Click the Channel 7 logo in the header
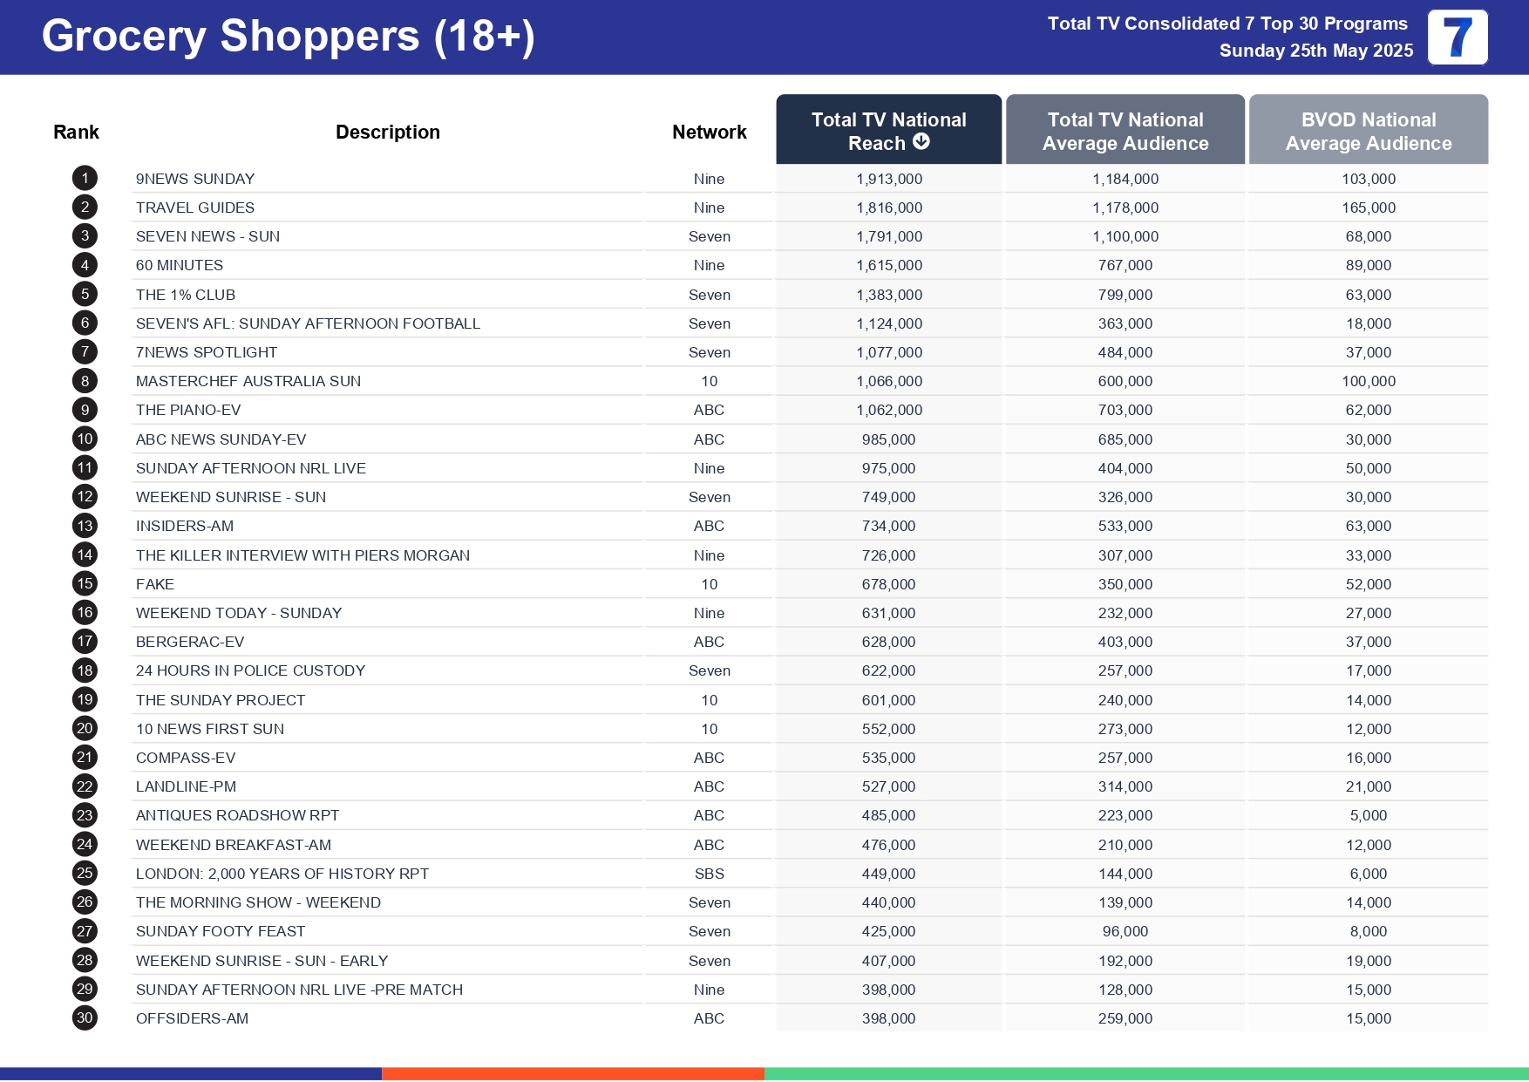click(1458, 37)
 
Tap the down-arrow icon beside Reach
click(921, 142)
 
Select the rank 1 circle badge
click(85, 179)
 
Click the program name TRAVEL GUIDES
click(195, 208)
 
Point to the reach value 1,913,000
click(889, 179)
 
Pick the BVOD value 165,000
click(1369, 208)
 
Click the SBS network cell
click(709, 874)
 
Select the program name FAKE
click(155, 584)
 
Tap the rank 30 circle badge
click(85, 1018)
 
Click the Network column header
click(709, 133)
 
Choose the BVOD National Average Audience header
click(1369, 132)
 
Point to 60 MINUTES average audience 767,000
click(1125, 265)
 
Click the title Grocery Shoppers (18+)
click(289, 37)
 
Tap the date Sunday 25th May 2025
click(1316, 51)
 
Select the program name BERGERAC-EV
click(190, 642)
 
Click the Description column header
click(388, 133)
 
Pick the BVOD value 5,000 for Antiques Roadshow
click(1369, 815)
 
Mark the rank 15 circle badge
click(85, 584)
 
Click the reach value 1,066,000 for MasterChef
click(889, 381)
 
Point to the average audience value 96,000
click(1125, 931)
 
